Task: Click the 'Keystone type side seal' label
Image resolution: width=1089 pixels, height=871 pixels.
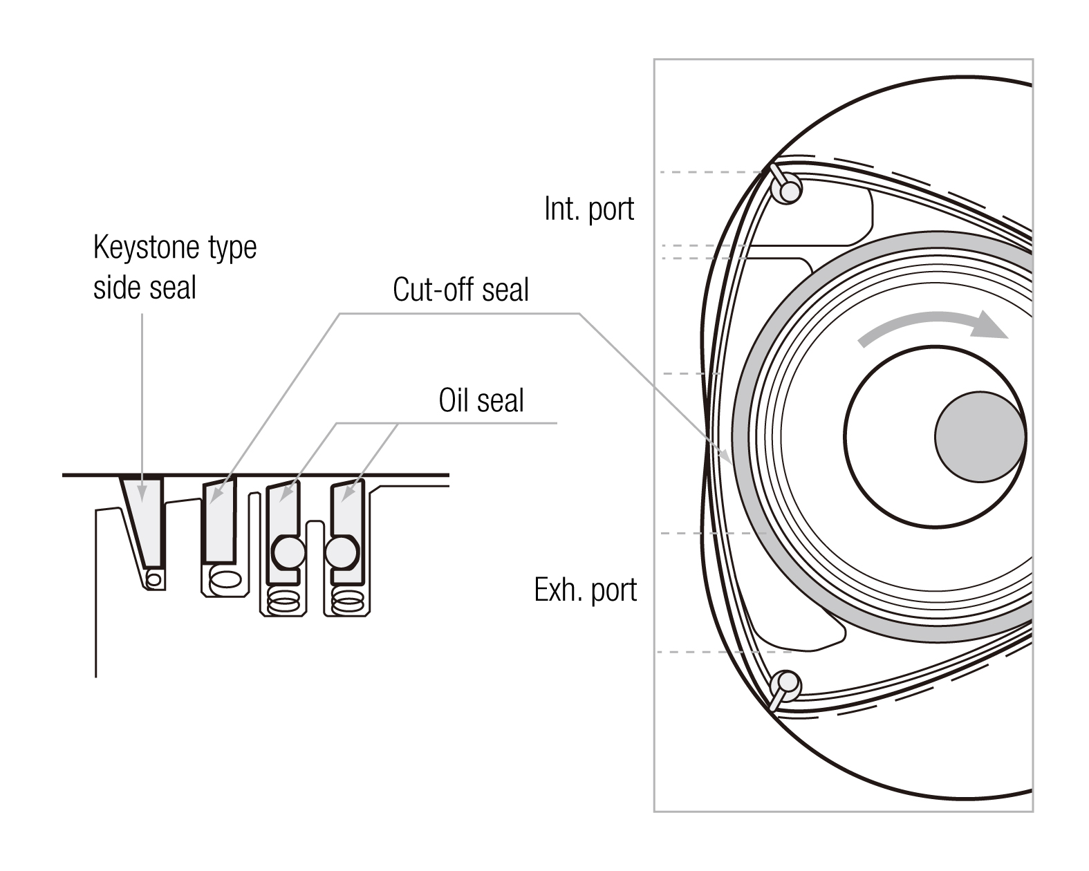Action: click(x=174, y=267)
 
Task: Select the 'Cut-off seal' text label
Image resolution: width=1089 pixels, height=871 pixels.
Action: click(x=460, y=290)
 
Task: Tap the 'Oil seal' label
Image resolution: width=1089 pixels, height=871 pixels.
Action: click(x=481, y=400)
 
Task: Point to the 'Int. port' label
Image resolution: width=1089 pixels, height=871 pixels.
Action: click(x=588, y=209)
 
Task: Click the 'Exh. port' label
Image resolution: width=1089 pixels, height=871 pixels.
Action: click(x=585, y=590)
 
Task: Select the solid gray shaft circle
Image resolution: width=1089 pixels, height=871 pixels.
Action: click(x=980, y=436)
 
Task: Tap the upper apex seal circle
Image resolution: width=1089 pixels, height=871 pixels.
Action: click(x=787, y=188)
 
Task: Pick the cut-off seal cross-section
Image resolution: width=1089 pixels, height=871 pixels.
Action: click(x=219, y=520)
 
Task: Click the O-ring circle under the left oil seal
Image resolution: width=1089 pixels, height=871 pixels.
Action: click(x=288, y=552)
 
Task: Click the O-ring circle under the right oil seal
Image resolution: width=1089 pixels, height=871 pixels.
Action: click(x=342, y=552)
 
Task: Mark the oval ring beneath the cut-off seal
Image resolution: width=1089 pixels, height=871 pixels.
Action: click(x=225, y=579)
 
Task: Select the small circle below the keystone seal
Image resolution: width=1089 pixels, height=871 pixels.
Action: click(x=154, y=578)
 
